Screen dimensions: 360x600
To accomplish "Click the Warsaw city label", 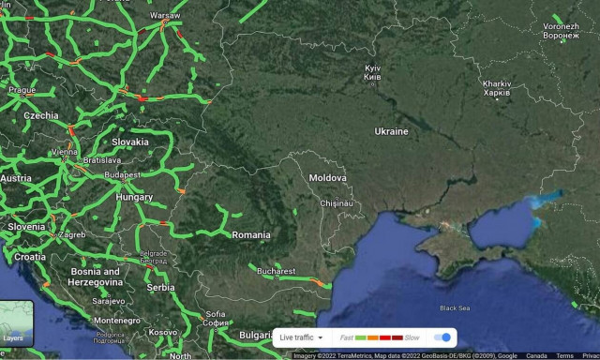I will click(165, 16).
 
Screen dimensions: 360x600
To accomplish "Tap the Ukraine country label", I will click(391, 131).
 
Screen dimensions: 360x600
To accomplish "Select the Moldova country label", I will click(327, 177).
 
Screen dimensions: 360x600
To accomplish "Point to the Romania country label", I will click(250, 234).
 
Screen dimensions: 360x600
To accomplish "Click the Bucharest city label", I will click(276, 270).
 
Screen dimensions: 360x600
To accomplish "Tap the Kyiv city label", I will click(372, 71).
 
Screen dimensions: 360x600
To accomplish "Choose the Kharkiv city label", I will click(497, 88).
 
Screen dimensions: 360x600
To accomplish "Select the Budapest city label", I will click(123, 174).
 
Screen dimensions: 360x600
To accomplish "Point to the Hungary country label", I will click(134, 198).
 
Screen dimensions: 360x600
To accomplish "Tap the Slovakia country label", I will click(130, 142).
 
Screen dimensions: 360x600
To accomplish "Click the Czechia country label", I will click(40, 115).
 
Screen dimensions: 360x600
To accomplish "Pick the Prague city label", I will click(22, 90).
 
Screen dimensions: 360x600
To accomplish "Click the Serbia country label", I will click(160, 288).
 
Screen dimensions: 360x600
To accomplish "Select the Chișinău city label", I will click(335, 202).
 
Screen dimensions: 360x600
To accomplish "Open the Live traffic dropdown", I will click(301, 337).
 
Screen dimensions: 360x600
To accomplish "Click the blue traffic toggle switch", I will click(443, 337).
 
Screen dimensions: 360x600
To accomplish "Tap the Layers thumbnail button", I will click(14, 322).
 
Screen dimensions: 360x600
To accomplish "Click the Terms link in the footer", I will click(564, 356).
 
